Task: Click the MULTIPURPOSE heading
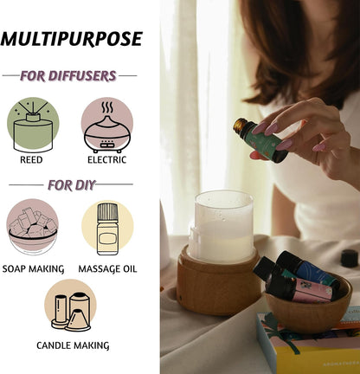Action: click(72, 39)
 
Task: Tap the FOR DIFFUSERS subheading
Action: click(68, 75)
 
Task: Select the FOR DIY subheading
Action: click(71, 184)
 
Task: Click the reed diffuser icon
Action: click(33, 125)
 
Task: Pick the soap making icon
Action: click(33, 227)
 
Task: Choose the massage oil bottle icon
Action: click(107, 229)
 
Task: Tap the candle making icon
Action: click(70, 306)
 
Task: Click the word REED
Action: click(31, 159)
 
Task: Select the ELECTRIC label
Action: click(107, 159)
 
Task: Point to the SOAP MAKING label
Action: click(33, 269)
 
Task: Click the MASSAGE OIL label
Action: click(107, 269)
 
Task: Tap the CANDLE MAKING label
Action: click(73, 345)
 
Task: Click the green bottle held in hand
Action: click(260, 140)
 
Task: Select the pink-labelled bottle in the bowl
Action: click(300, 289)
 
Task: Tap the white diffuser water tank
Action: click(222, 227)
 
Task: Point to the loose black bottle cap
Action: click(349, 258)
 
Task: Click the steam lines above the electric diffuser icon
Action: click(107, 107)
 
